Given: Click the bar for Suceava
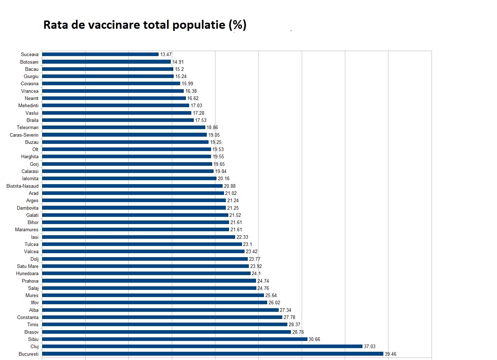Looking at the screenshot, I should [100, 54].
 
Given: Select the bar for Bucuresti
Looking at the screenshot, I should [213, 354].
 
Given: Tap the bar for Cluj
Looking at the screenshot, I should [202, 346].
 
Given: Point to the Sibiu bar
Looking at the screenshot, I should [175, 339].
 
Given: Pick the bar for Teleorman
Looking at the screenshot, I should [124, 127].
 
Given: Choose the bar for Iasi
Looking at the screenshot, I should [138, 237].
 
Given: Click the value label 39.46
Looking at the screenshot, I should [391, 354].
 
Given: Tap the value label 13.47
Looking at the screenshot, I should [166, 55].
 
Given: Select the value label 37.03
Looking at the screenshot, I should [369, 347].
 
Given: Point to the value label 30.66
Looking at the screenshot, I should [314, 340].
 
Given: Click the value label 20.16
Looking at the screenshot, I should [223, 179].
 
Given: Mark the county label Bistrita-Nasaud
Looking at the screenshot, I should [22, 186].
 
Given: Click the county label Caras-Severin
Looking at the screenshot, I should [24, 135].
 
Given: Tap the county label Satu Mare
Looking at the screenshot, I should [27, 266].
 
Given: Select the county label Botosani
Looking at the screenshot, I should [29, 62].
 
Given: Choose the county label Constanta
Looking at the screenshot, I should [28, 317].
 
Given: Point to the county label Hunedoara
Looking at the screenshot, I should [27, 273].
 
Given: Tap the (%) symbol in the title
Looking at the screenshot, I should [237, 25].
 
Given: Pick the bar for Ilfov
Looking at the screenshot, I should [155, 302].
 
